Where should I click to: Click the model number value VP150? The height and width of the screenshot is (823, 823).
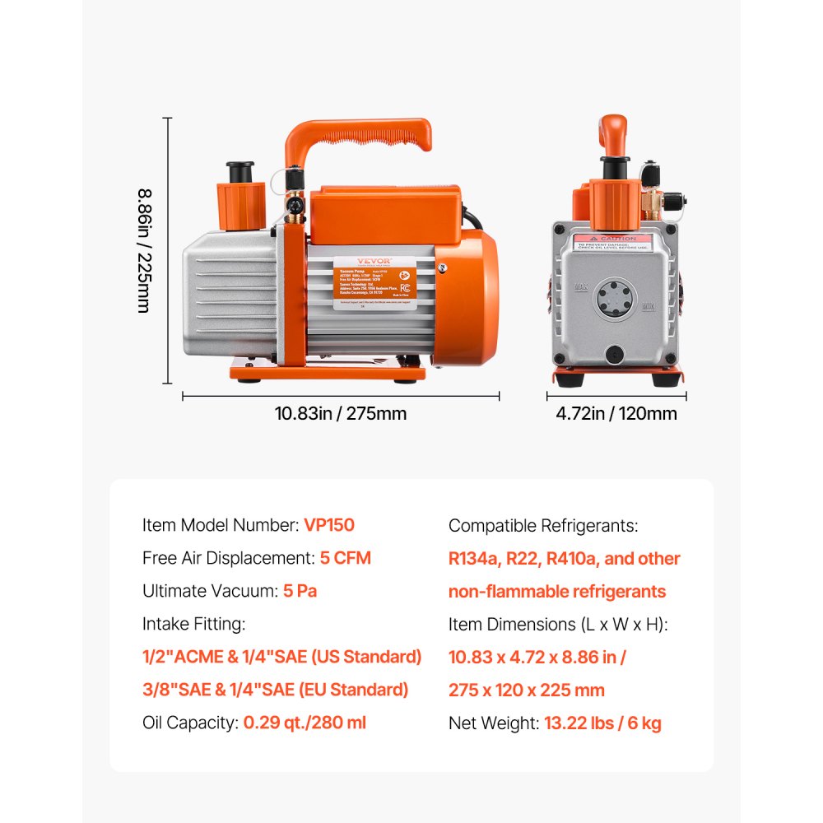click(329, 525)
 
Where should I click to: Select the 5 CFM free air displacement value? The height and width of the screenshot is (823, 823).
click(346, 558)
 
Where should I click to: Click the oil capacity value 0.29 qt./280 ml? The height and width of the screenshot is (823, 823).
click(305, 723)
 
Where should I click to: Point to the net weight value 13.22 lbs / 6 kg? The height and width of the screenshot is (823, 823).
click(602, 723)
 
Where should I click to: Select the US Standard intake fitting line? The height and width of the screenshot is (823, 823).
click(282, 657)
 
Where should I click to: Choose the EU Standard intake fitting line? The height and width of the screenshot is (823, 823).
click(276, 690)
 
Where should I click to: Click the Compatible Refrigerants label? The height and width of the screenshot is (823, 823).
click(543, 526)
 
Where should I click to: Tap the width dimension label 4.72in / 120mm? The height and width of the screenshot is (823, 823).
click(616, 414)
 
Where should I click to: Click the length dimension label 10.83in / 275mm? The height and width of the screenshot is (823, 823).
click(341, 414)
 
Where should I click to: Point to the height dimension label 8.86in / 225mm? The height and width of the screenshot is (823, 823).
click(145, 251)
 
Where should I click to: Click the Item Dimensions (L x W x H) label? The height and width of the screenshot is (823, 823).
click(558, 625)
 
